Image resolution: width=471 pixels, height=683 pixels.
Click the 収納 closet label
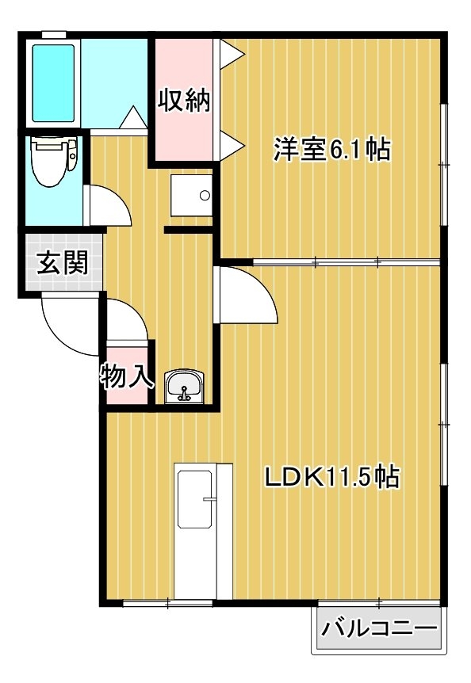(183, 101)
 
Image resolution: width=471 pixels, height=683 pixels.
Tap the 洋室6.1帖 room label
(332, 150)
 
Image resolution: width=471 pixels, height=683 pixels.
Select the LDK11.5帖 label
(332, 477)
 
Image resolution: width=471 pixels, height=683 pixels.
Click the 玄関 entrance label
(63, 262)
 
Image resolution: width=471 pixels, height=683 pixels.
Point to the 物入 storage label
(127, 376)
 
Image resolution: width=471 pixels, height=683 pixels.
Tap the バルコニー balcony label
(379, 628)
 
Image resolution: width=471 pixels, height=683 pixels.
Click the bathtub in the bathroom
(53, 82)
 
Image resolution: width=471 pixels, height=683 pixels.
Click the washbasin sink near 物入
(184, 387)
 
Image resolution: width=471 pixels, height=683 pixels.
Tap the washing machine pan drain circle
(205, 196)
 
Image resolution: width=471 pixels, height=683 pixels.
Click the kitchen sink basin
(195, 499)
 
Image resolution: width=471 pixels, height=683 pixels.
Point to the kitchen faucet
(209, 499)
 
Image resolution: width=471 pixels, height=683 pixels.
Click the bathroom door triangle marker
(133, 117)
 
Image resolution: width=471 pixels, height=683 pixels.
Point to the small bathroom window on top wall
(54, 34)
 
